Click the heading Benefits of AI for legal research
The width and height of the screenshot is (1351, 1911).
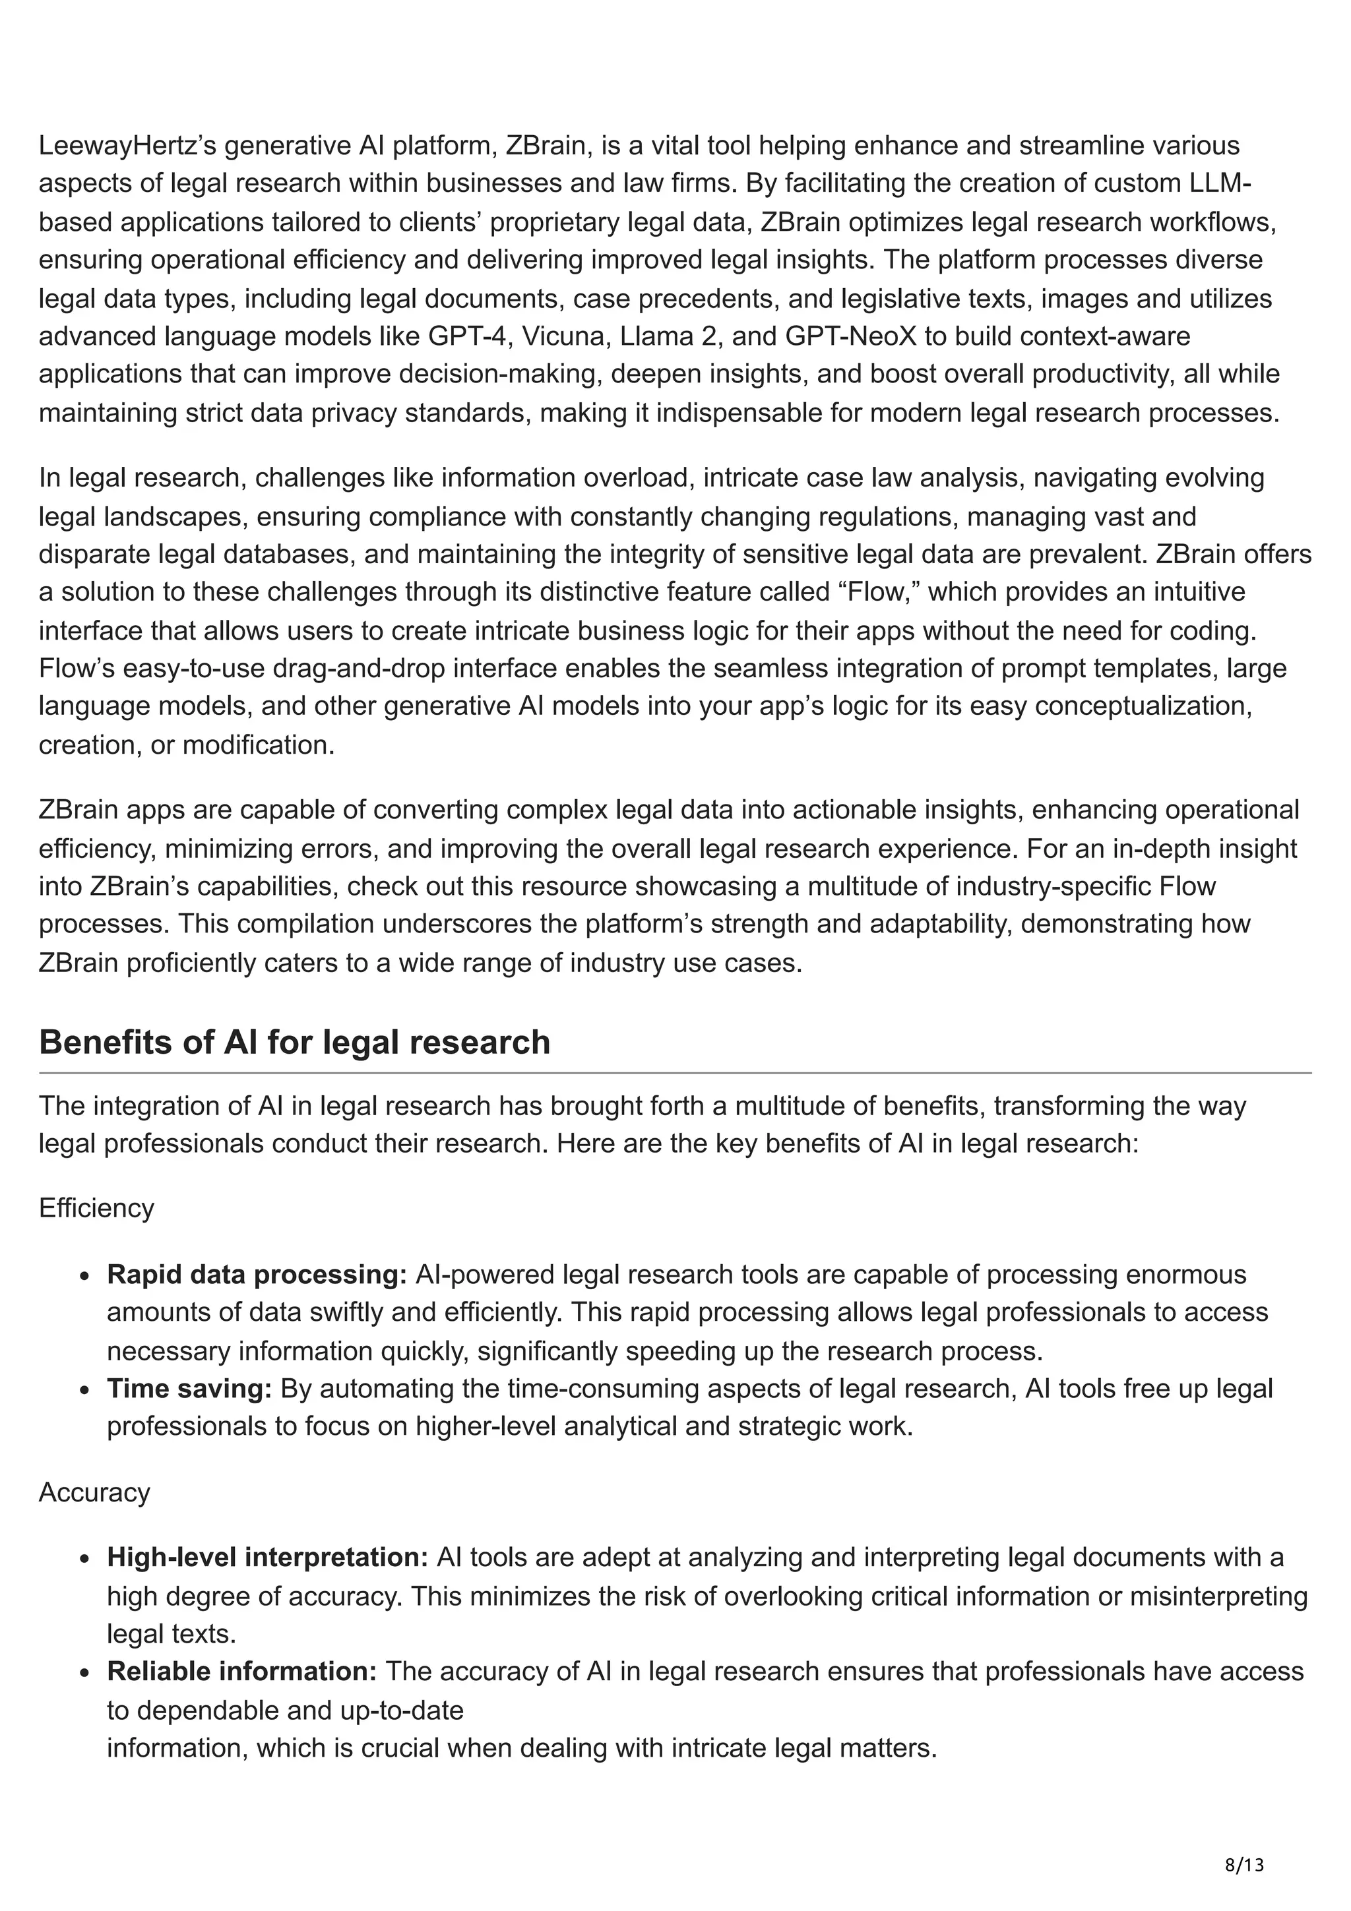coord(295,1042)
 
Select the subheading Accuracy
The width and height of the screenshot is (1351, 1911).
coord(94,1492)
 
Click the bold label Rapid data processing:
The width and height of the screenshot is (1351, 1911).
coord(257,1274)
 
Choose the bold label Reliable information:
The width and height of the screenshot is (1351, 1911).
coord(242,1671)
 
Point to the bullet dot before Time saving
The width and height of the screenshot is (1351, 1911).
coord(86,1390)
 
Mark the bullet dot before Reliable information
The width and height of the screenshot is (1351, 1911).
coord(86,1673)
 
